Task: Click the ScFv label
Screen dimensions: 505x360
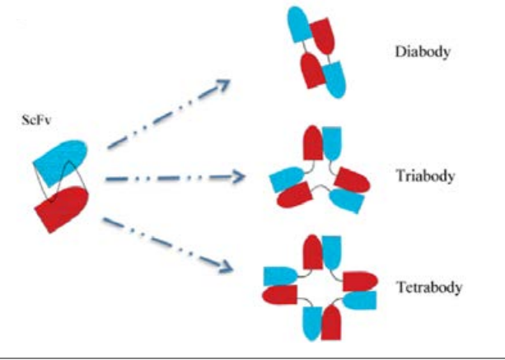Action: pyautogui.click(x=36, y=120)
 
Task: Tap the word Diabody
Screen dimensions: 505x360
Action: pyautogui.click(x=423, y=52)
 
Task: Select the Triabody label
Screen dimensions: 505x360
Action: pyautogui.click(x=425, y=175)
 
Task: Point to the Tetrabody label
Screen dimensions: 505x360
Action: pyautogui.click(x=429, y=287)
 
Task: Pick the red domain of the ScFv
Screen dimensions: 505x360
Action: pyautogui.click(x=61, y=208)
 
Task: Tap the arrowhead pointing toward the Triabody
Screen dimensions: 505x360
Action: pyautogui.click(x=238, y=177)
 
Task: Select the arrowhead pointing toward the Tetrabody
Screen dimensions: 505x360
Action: pyautogui.click(x=226, y=266)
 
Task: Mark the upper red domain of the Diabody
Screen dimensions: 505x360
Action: pyautogui.click(x=323, y=35)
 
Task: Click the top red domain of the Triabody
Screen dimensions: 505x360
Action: pyautogui.click(x=313, y=143)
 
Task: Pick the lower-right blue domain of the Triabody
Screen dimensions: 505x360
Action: pyautogui.click(x=347, y=200)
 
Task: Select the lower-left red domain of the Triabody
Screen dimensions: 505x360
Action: pyautogui.click(x=294, y=195)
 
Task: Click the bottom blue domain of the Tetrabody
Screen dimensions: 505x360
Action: pyautogui.click(x=312, y=323)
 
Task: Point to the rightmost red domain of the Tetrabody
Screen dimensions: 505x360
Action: pyautogui.click(x=360, y=282)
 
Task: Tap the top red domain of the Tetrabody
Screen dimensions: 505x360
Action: pyautogui.click(x=313, y=252)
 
